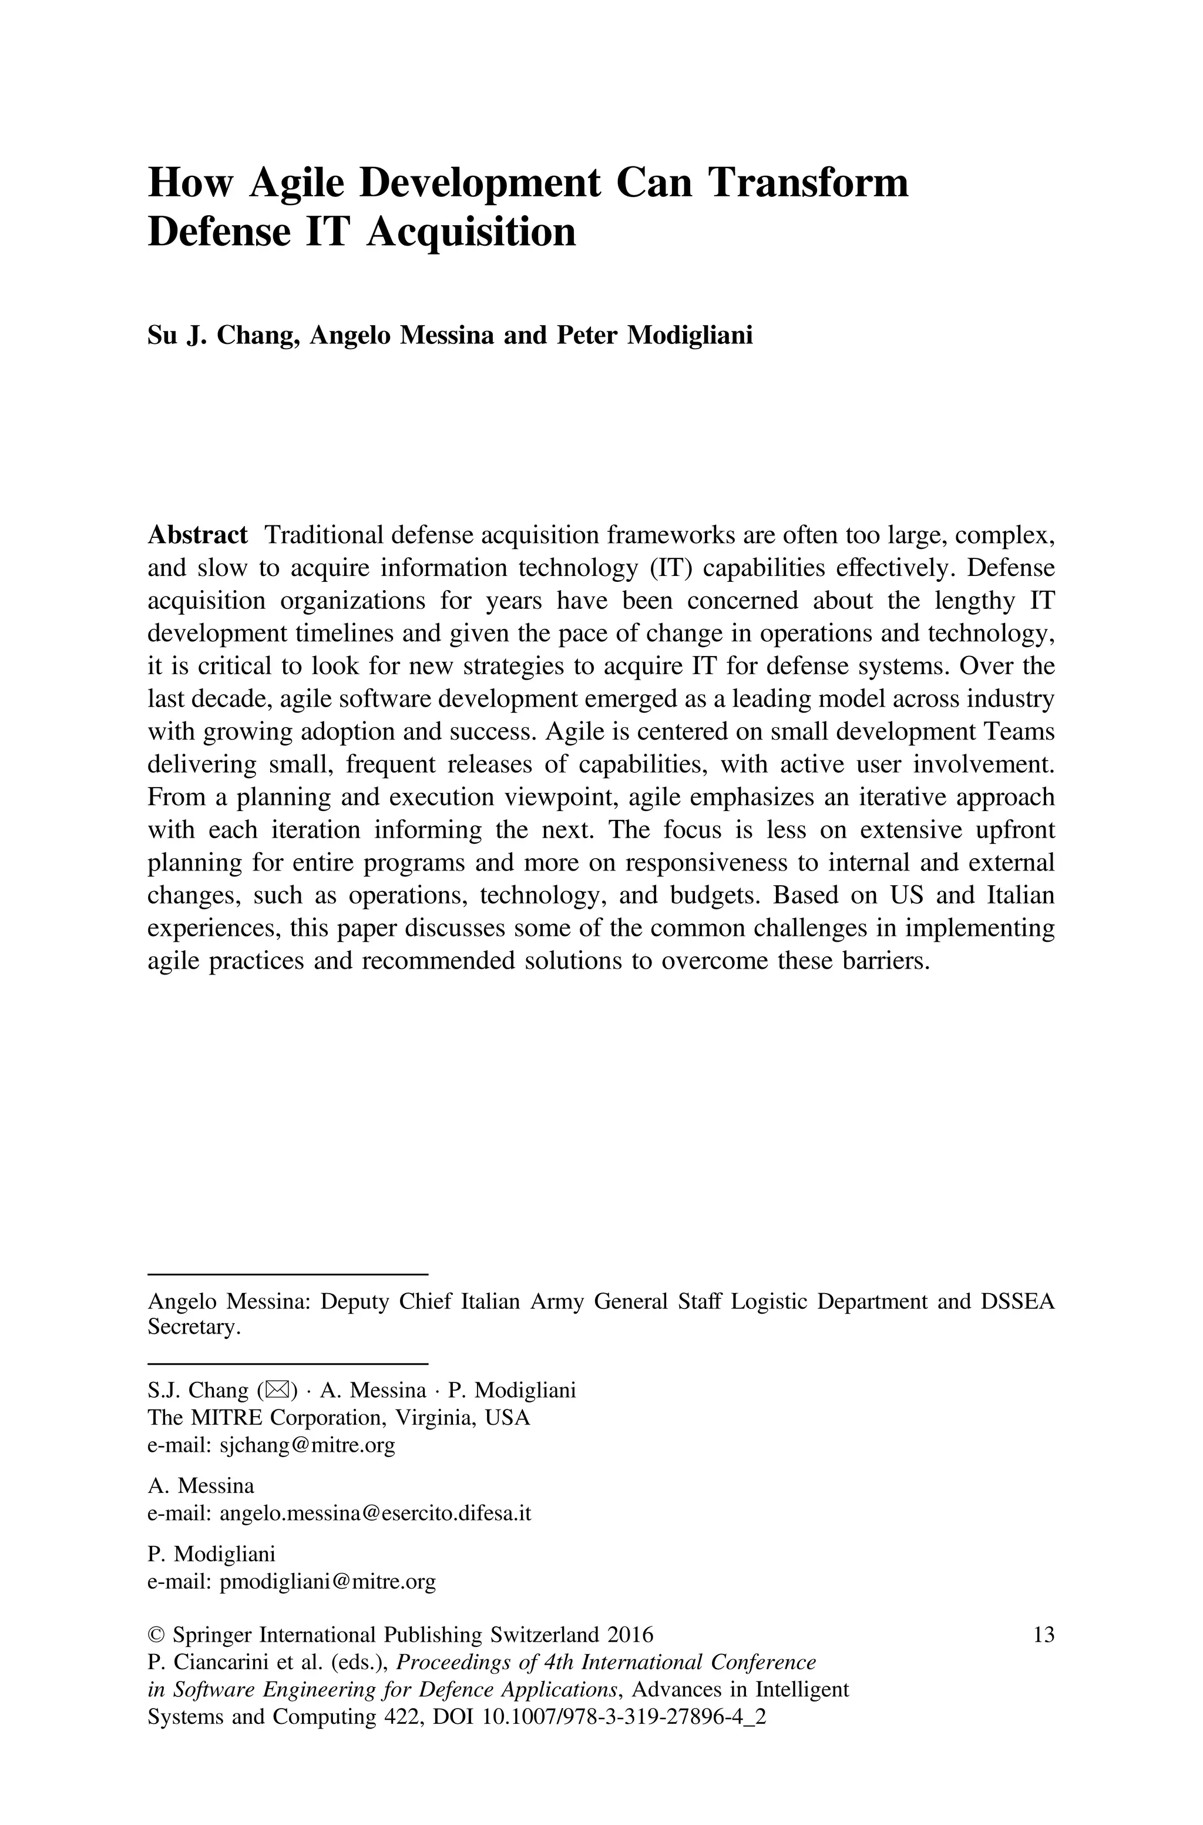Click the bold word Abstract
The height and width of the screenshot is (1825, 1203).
(197, 535)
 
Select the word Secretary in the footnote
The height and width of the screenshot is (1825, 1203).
(193, 1327)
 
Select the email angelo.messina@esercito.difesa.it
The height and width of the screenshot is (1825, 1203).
(375, 1513)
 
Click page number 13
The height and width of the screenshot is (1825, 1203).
(1043, 1635)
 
